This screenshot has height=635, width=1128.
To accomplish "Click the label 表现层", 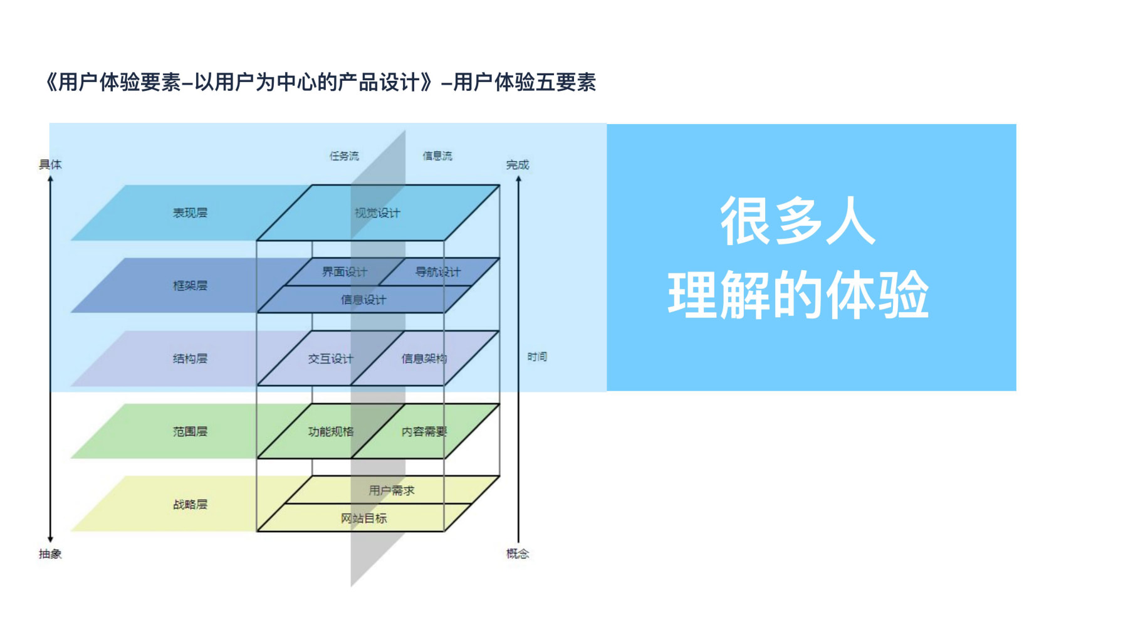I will pos(190,213).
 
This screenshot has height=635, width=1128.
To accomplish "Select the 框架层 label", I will pos(190,286).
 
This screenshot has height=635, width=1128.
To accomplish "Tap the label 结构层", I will pos(190,359).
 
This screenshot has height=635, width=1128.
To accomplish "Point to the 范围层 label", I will pos(190,431).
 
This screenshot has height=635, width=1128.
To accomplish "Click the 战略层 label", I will pos(190,504).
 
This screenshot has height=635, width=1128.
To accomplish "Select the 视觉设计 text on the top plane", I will pos(377,213).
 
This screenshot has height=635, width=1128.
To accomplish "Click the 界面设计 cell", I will pos(344,272).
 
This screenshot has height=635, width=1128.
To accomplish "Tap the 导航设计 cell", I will pos(437,272).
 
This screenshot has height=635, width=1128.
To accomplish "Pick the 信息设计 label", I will pos(363,300).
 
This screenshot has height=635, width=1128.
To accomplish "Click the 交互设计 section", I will pos(330,359).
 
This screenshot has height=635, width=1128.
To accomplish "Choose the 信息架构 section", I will pos(424,359).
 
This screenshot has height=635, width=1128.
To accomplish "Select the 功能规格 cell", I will pos(330,431).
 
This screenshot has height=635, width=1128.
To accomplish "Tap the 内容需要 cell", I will pos(424,431).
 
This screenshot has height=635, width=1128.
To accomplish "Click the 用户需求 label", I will pos(391,490).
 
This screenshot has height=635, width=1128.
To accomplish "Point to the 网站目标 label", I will pos(363,518).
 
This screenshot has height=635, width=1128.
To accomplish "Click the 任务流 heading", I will pos(344,155).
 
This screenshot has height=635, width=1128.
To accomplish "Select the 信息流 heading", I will pos(437,155).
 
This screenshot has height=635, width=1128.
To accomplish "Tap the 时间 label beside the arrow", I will pos(537,357).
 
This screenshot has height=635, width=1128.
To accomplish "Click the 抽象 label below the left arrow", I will pos(50,554).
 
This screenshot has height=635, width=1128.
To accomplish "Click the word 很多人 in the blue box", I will pos(797,221).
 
